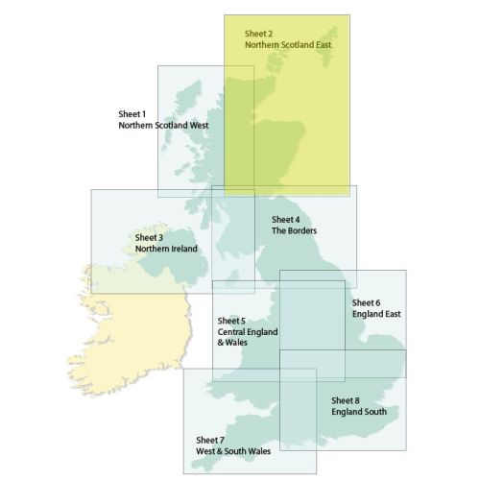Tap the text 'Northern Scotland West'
pos(164,126)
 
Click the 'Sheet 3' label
pos(149,237)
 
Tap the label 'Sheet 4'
pos(287,219)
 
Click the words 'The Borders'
pos(295,231)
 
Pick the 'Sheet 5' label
pos(232,321)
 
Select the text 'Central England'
pos(248,332)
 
